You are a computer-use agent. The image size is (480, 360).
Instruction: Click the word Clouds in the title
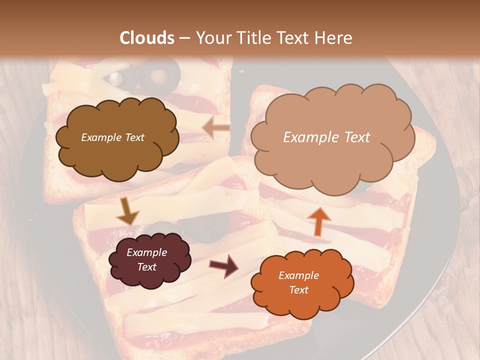[147, 38]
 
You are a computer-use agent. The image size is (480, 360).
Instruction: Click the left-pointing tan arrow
[216, 128]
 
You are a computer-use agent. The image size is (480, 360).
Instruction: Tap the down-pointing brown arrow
[127, 211]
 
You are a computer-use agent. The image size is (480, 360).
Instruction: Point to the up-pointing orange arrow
[318, 221]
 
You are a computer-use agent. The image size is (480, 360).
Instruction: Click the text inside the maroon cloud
[147, 259]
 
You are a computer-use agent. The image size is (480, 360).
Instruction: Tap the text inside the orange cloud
[298, 282]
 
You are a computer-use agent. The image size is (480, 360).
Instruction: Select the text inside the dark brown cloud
[112, 137]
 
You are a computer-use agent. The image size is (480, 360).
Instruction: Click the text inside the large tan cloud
[326, 137]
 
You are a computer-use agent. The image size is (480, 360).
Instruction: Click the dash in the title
[185, 38]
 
